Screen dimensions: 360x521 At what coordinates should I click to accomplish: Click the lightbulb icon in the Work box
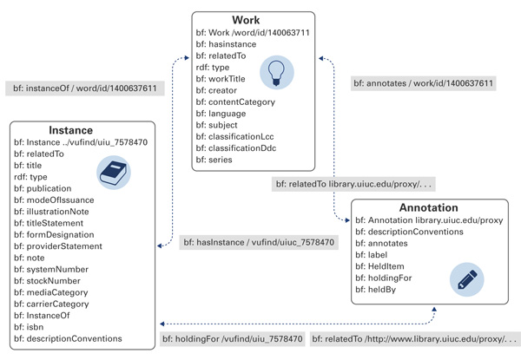[277, 69]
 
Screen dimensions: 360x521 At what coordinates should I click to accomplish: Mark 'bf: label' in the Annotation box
[379, 257]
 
